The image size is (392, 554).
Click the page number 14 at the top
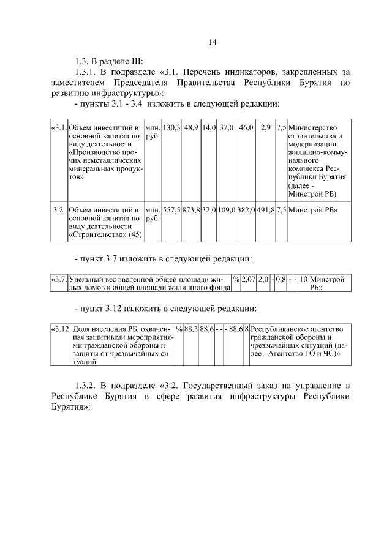(212, 42)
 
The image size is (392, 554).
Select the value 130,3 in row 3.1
(171, 127)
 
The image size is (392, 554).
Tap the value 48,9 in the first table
(191, 127)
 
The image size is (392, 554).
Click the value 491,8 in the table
(265, 209)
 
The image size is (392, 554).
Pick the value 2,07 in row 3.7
(247, 279)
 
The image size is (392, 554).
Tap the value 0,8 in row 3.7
(281, 279)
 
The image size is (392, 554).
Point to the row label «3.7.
(59, 279)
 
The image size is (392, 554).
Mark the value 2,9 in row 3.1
(265, 127)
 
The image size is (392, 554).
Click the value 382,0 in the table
(246, 209)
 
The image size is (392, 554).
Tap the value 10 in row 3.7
(303, 279)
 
